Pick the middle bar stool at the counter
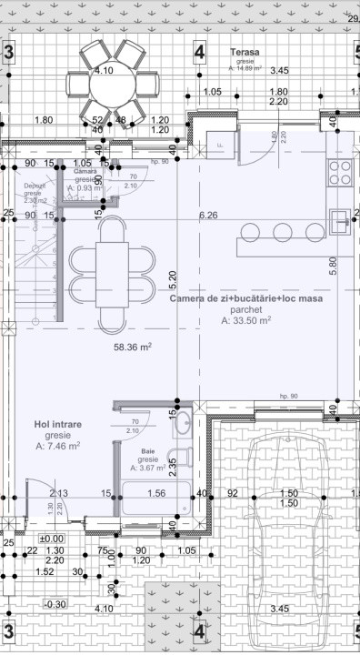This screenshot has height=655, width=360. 283,229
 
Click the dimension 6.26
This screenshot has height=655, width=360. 209,216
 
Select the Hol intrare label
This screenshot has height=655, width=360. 58,424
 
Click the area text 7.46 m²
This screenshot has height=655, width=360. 58,447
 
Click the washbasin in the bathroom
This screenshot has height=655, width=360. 181,421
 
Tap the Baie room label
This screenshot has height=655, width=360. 148,451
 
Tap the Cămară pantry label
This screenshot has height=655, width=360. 85,170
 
